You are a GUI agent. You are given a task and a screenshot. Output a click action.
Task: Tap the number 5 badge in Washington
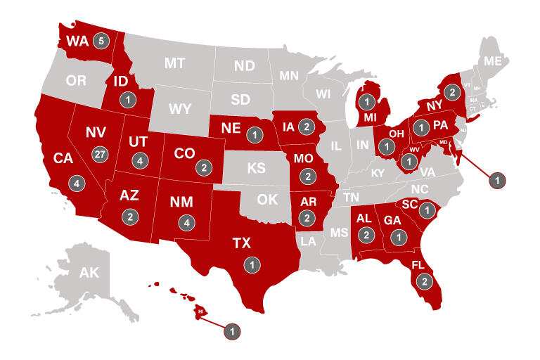pyautogui.click(x=101, y=41)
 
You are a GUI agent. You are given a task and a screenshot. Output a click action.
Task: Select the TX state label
pyautogui.click(x=241, y=243)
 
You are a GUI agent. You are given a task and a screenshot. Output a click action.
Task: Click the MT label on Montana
pyautogui.click(x=174, y=63)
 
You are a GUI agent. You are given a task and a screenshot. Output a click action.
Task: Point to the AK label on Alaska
pyautogui.click(x=89, y=273)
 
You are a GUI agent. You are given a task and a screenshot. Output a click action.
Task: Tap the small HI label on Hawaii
pyautogui.click(x=200, y=311)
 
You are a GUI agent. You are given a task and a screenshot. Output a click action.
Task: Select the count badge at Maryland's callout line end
pyautogui.click(x=497, y=180)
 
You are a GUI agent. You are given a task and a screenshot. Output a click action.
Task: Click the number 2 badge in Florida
pyautogui.click(x=424, y=281)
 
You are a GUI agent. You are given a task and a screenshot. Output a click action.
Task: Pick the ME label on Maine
pyautogui.click(x=493, y=61)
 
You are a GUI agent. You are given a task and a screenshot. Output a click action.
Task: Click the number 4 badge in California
pyautogui.click(x=77, y=183)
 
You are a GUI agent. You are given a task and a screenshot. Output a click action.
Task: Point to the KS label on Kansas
pyautogui.click(x=255, y=169)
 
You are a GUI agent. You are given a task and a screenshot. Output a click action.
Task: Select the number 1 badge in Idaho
pyautogui.click(x=127, y=100)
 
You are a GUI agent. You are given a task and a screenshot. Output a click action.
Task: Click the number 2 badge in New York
pyautogui.click(x=453, y=92)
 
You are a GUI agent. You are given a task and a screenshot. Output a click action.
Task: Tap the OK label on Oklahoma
pyautogui.click(x=267, y=199)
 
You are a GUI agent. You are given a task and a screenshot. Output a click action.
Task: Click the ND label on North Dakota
pyautogui.click(x=245, y=66)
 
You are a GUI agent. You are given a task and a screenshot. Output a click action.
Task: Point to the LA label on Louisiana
pyautogui.click(x=308, y=240)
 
